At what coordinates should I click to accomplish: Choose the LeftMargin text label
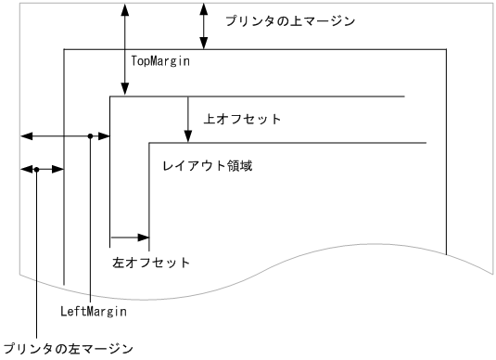pyautogui.click(x=93, y=312)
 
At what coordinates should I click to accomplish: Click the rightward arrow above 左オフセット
pyautogui.click(x=130, y=238)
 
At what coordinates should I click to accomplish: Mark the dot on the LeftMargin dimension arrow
pyautogui.click(x=90, y=136)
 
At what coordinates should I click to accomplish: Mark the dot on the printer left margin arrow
pyautogui.click(x=36, y=170)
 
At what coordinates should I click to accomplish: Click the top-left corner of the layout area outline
pyautogui.click(x=149, y=143)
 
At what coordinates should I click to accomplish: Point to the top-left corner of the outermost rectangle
pyautogui.click(x=63, y=48)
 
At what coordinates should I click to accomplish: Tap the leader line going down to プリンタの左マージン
pyautogui.click(x=36, y=260)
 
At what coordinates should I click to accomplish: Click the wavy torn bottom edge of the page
pyautogui.click(x=278, y=278)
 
